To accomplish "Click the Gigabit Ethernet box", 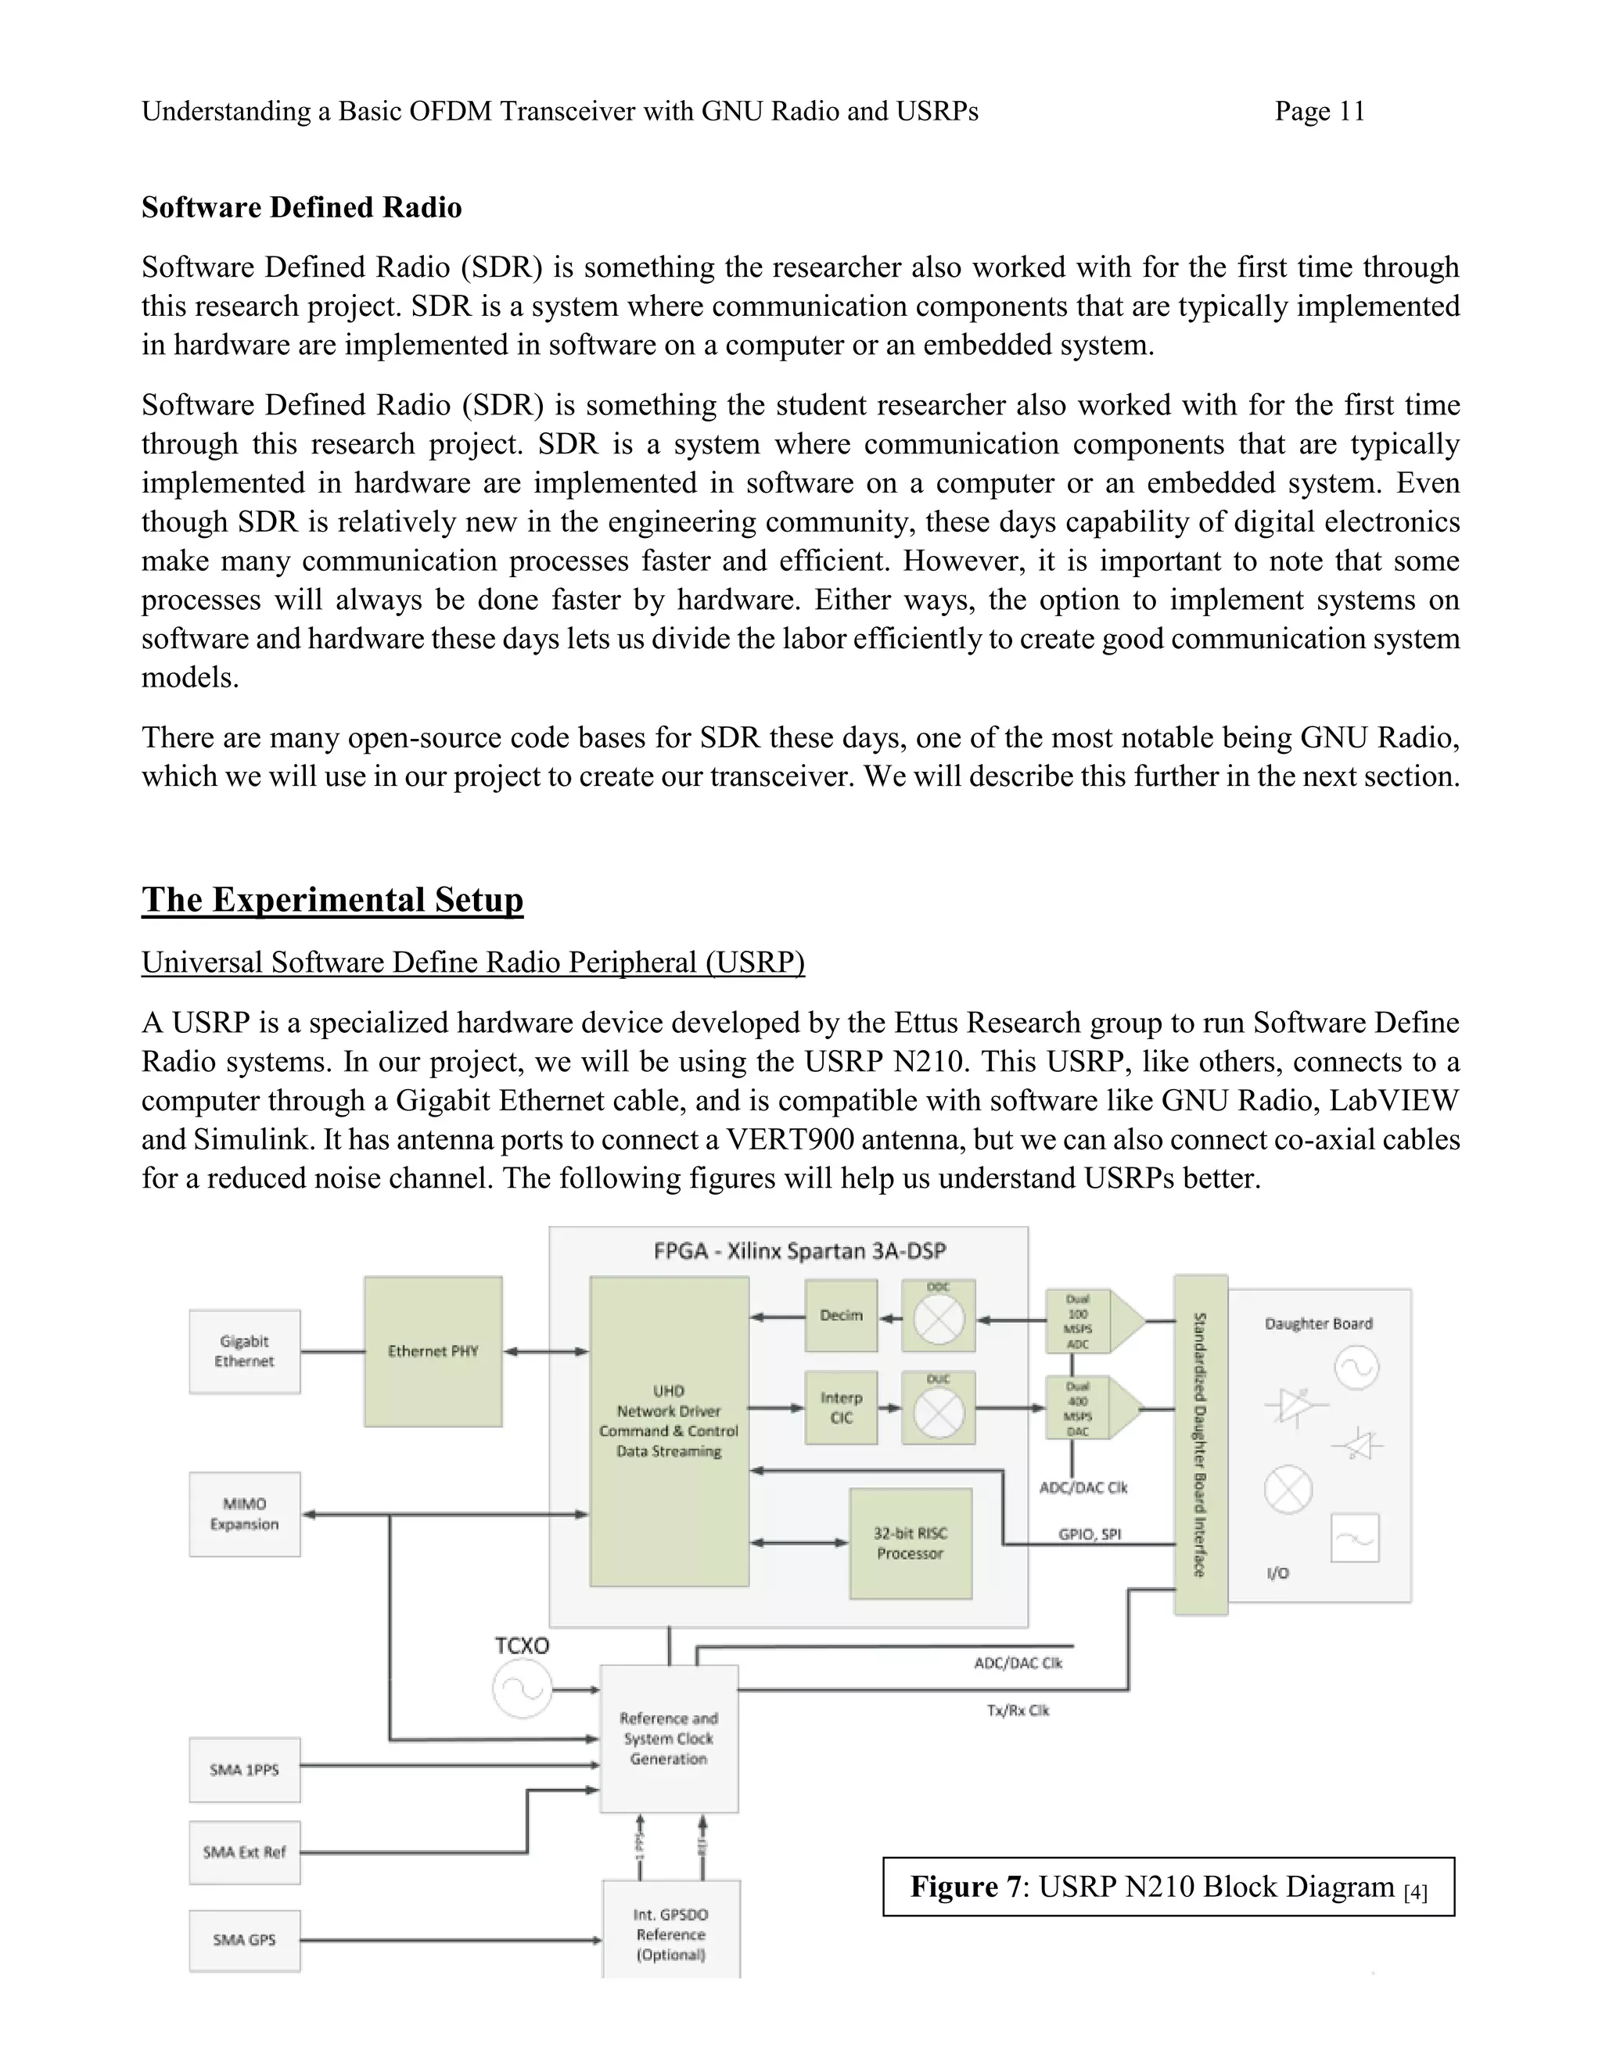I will click(245, 1351).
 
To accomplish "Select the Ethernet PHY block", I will click(433, 1351).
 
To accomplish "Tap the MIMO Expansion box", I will click(245, 1515).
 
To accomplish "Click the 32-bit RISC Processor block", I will click(911, 1543).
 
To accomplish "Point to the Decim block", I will click(841, 1316).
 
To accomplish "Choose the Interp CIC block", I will click(841, 1408).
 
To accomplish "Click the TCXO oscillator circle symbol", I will click(521, 1690).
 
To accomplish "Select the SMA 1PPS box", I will click(245, 1770).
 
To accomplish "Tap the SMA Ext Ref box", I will click(245, 1853).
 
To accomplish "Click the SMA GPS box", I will click(245, 1940).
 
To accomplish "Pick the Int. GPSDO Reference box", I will click(671, 1934).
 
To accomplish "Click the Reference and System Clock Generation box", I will click(669, 1739).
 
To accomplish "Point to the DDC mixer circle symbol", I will click(939, 1320).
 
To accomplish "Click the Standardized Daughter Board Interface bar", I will click(1201, 1444).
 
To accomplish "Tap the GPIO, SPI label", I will click(1090, 1534).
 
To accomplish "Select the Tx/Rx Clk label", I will click(1018, 1711).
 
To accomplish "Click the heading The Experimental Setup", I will click(332, 899).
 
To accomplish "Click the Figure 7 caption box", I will click(1169, 1887).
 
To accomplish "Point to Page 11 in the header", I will click(1319, 112).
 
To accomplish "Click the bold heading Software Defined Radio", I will click(302, 208).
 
